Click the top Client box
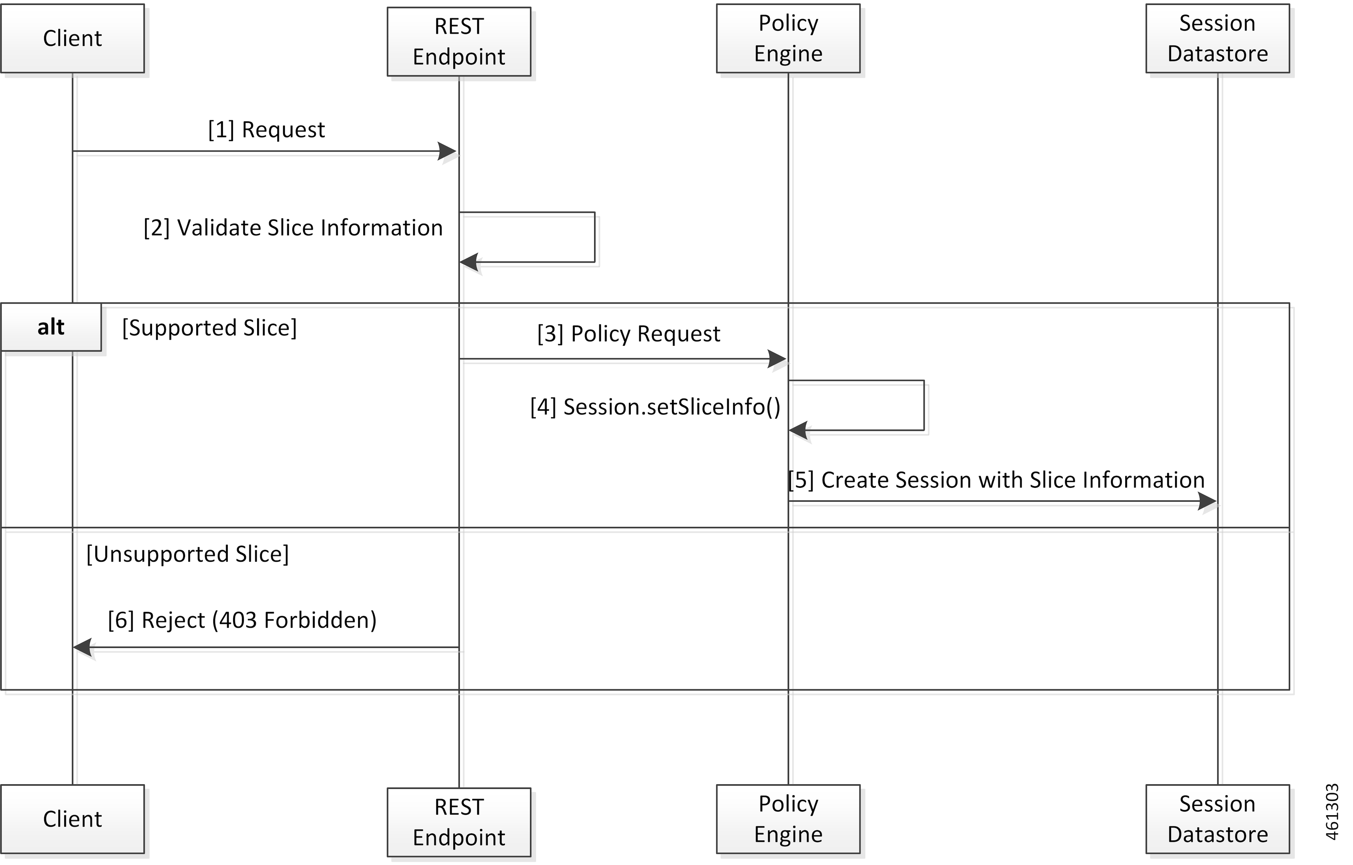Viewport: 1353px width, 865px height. coord(73,38)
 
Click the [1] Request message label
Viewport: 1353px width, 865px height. coord(266,130)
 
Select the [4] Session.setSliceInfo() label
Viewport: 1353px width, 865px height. coord(655,407)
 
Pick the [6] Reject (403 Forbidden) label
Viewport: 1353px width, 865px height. coord(242,620)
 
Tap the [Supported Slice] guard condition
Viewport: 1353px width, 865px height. coord(209,328)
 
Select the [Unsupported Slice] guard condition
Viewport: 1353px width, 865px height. coord(187,554)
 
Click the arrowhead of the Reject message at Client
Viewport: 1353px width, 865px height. coord(83,648)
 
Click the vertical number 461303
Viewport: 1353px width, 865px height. coord(1332,812)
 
